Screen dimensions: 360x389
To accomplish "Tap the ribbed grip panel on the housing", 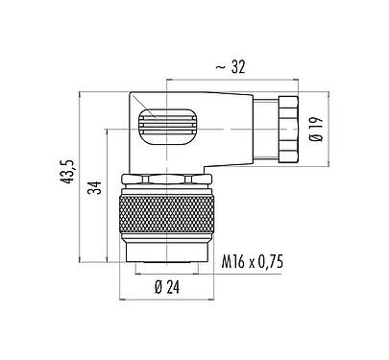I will (162, 126).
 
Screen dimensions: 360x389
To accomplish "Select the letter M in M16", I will (227, 259).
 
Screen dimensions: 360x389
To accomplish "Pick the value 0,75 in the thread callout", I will (279, 259).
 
